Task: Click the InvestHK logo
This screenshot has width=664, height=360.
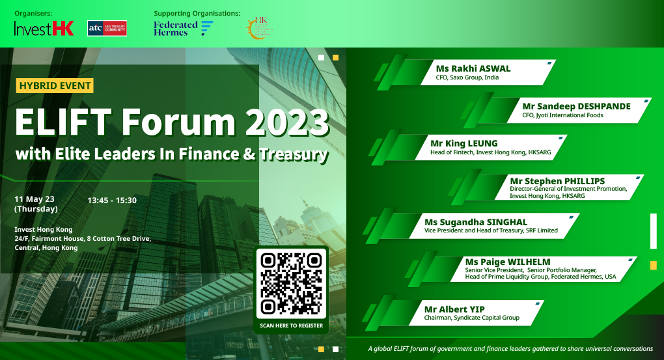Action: (44, 28)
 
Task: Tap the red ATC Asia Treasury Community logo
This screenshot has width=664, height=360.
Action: (107, 28)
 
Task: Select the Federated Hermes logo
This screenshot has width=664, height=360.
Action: (183, 28)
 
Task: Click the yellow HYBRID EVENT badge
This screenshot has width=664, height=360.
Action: (55, 85)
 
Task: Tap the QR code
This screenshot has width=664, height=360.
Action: (291, 283)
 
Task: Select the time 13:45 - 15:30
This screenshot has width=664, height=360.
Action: (112, 200)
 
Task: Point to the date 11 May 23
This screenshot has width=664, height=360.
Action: (35, 198)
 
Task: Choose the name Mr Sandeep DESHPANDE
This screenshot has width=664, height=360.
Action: (576, 106)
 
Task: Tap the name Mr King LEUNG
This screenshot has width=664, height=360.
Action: (464, 143)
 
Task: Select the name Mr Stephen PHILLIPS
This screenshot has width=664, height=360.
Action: (557, 180)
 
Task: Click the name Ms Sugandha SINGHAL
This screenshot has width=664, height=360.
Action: (473, 221)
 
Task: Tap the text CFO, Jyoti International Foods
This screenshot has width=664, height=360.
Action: (562, 115)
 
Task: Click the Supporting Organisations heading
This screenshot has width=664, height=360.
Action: (197, 13)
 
